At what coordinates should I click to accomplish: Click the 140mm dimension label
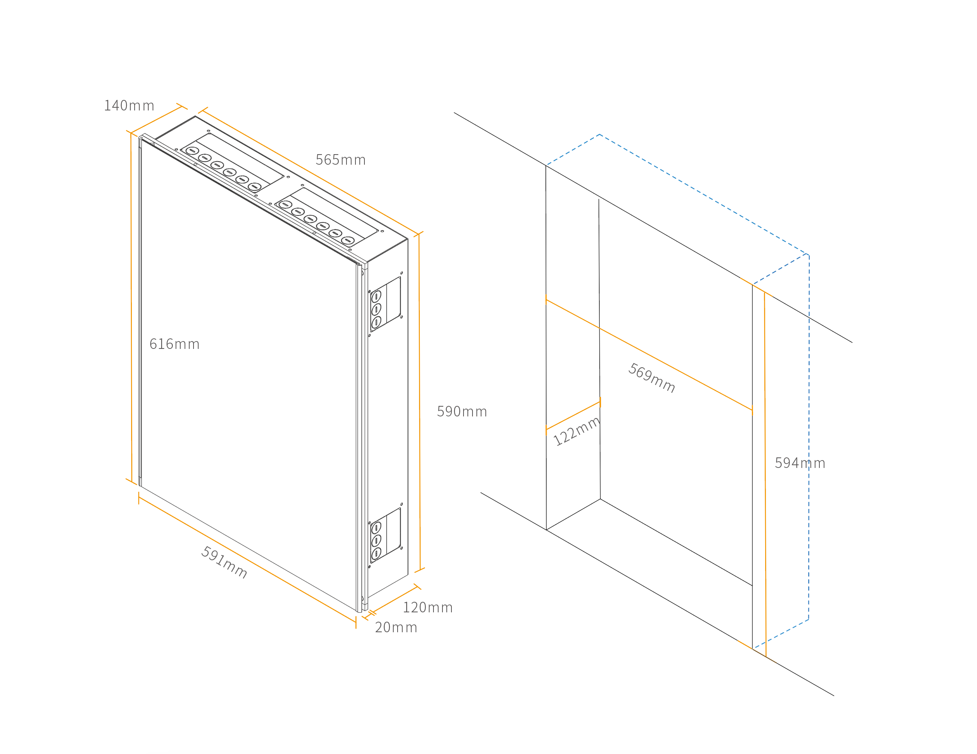tap(129, 106)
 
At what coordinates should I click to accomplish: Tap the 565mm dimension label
tap(341, 160)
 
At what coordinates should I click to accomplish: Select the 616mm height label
tap(174, 344)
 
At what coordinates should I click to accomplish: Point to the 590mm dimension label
tap(462, 412)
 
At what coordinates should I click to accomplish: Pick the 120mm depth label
tap(428, 608)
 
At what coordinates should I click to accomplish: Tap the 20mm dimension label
tap(396, 628)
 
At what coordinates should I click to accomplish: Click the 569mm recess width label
tap(652, 378)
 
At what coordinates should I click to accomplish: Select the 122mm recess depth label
tap(576, 431)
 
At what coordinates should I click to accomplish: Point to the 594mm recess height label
tap(800, 463)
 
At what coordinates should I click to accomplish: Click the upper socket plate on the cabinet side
tap(385, 304)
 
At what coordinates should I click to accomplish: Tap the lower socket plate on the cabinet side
tap(385, 535)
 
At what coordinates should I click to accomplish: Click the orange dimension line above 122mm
tap(573, 416)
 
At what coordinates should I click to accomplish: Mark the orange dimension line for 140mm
tap(156, 119)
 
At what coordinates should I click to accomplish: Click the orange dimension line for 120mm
tap(394, 599)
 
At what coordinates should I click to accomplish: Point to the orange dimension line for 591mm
tap(247, 559)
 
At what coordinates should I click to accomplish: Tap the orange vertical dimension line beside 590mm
tap(419, 403)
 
